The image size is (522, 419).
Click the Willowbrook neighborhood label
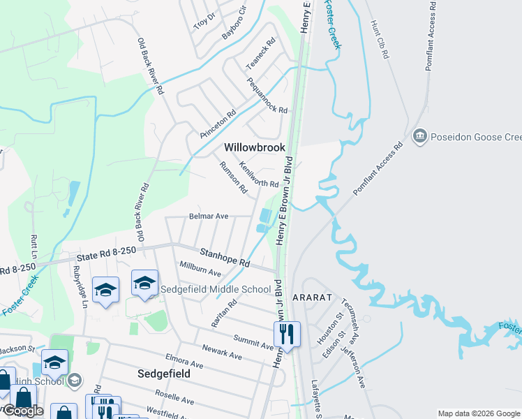[255, 147]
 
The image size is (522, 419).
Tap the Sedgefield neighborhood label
[163, 374]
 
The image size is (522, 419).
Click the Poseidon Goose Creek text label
[477, 135]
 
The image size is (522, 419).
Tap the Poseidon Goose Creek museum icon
[420, 135]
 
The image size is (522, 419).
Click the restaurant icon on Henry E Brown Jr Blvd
[286, 334]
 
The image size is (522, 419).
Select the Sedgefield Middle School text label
[216, 289]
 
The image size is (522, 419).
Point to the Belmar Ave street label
[209, 216]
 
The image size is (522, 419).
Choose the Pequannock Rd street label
[267, 96]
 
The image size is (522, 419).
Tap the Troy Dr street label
[204, 20]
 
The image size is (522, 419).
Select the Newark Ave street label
[221, 352]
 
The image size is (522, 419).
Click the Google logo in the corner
[23, 411]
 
